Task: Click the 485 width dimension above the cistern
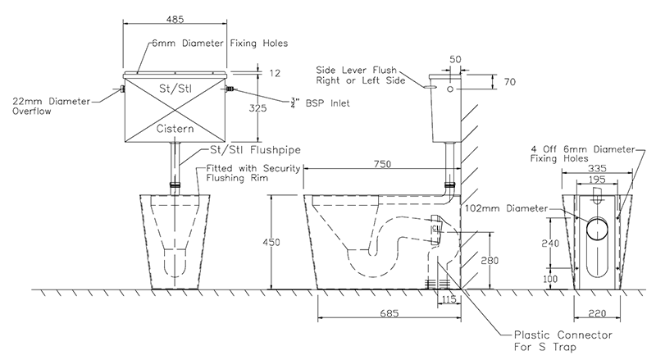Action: (175, 19)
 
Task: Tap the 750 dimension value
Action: (382, 164)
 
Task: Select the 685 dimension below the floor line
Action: (389, 313)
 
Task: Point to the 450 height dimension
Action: (271, 242)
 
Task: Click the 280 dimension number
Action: (490, 261)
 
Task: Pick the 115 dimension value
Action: (449, 299)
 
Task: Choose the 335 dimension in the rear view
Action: (597, 168)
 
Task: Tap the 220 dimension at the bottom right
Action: (597, 313)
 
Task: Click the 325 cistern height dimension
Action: (257, 108)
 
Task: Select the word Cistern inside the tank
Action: (175, 129)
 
